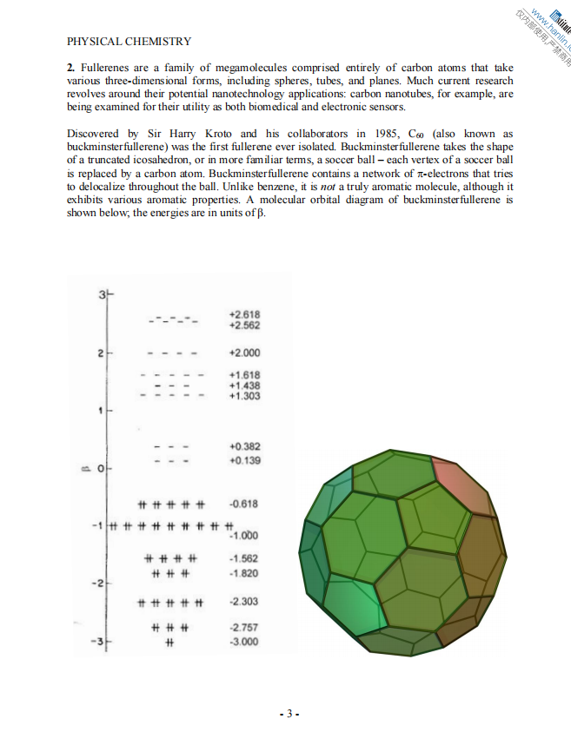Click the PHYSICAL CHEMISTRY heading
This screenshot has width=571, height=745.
[129, 41]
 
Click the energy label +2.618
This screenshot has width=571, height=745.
[244, 314]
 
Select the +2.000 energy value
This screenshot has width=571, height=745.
[244, 353]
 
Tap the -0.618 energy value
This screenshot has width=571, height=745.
[242, 504]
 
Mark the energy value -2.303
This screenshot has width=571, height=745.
[242, 602]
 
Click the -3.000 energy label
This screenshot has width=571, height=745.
[242, 642]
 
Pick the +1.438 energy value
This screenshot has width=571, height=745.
[244, 386]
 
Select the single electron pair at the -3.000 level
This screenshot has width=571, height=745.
[170, 643]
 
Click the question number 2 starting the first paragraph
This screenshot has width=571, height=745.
[70, 68]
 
